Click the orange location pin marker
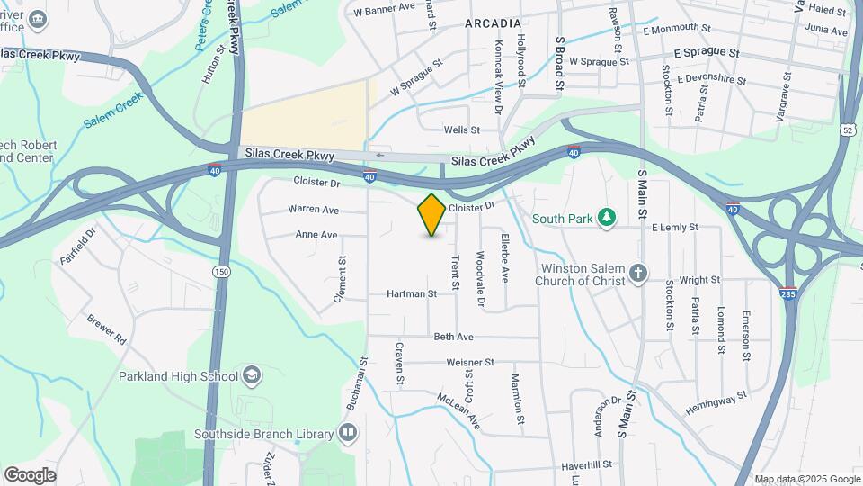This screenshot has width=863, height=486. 431,214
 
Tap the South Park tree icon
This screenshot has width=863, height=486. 608,218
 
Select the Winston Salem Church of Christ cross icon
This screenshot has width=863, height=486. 638,274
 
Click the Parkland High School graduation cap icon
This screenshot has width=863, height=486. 254,375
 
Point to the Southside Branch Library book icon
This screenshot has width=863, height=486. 348,434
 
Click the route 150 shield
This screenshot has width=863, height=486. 220,271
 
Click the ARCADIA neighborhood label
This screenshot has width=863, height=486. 493,23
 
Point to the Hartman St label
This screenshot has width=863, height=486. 412,293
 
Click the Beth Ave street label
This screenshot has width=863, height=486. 453,337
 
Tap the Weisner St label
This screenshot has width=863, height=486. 470,363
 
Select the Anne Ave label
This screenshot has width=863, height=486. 316,235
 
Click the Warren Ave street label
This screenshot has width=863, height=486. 313,210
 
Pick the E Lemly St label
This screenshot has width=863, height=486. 674,228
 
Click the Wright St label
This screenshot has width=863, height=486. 701,280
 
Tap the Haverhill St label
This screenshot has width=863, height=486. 586,465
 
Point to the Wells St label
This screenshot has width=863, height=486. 462,130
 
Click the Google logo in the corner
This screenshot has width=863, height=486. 30,474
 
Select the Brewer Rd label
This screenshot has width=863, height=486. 106,330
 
